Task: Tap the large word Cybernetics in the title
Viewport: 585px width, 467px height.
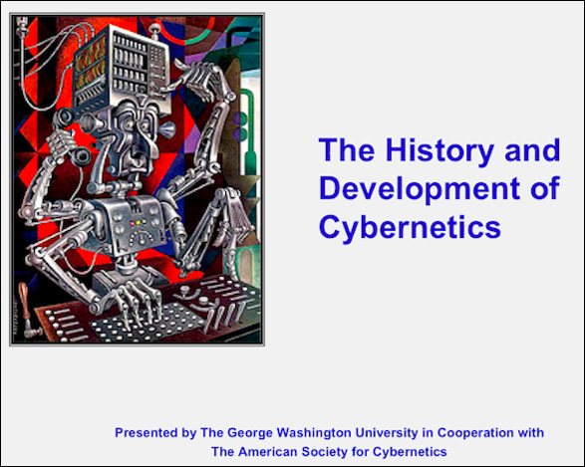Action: click(x=410, y=227)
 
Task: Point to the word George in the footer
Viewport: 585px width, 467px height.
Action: click(x=250, y=433)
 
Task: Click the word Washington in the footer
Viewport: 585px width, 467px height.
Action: click(x=314, y=433)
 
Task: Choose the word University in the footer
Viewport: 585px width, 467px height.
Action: click(x=386, y=433)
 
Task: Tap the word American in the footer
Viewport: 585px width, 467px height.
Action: click(x=268, y=452)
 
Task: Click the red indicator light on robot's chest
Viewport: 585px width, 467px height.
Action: click(x=133, y=224)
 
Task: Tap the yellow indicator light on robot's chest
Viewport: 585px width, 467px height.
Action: click(x=139, y=222)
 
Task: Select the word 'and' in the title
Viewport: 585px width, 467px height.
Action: click(x=532, y=149)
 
